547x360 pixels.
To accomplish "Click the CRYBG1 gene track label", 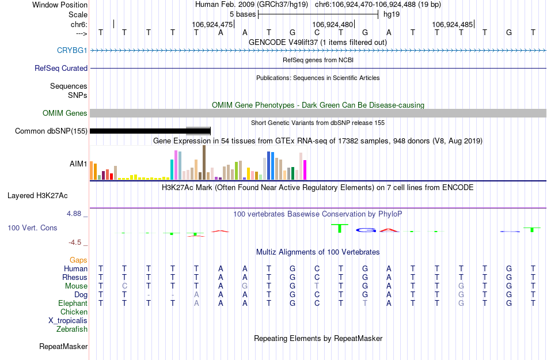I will pyautogui.click(x=72, y=50).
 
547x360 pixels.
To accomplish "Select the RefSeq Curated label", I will pyautogui.click(x=61, y=68).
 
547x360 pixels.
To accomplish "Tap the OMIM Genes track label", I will pyautogui.click(x=65, y=113).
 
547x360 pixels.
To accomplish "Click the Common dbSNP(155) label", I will pyautogui.click(x=51, y=131).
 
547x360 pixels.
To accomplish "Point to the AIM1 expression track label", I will pyautogui.click(x=78, y=164).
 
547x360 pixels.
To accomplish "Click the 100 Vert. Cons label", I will pyautogui.click(x=32, y=228).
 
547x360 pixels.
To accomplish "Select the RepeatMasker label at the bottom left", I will pyautogui.click(x=63, y=347).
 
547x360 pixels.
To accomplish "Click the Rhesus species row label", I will pyautogui.click(x=75, y=277).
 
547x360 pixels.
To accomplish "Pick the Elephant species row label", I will pyautogui.click(x=73, y=303).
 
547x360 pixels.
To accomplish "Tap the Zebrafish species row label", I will pyautogui.click(x=72, y=329).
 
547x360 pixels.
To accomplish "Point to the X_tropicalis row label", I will pyautogui.click(x=68, y=320).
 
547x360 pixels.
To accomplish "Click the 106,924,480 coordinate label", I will pyautogui.click(x=332, y=25).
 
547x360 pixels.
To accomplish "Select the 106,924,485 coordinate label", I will pyautogui.click(x=452, y=25).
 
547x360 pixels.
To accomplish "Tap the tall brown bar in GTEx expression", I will pyautogui.click(x=204, y=162).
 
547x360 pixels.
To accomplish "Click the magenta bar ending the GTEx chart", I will pyautogui.click(x=305, y=170).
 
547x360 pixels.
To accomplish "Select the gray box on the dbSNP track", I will pyautogui.click(x=199, y=131).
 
